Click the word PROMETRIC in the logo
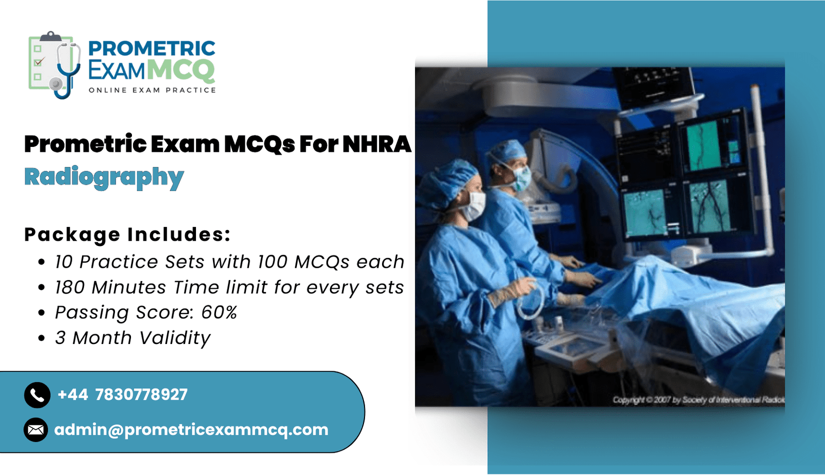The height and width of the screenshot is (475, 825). [152, 48]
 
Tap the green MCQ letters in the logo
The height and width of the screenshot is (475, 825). [181, 70]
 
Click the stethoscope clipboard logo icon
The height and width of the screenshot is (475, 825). [55, 65]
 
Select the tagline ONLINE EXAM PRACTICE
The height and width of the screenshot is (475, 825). [152, 90]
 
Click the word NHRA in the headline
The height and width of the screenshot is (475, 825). [376, 144]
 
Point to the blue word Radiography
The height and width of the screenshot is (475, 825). [104, 177]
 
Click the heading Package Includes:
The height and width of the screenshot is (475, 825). [127, 235]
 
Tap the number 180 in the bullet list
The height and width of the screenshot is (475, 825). [70, 287]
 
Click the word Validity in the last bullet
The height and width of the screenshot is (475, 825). [175, 338]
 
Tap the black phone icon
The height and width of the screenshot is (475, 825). [37, 395]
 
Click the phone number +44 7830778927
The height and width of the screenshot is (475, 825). [123, 395]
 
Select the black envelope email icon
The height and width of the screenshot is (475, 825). [36, 430]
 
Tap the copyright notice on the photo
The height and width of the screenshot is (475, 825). [698, 400]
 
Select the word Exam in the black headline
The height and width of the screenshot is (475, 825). [185, 144]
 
